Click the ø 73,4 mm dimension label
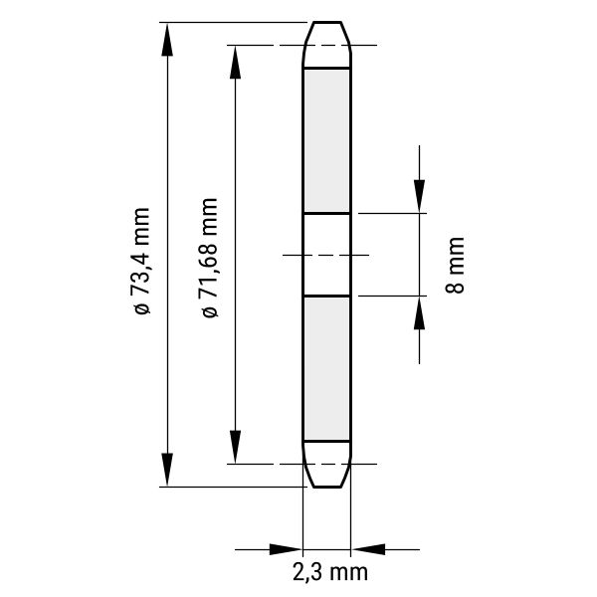click(140, 261)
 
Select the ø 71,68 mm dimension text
click(210, 258)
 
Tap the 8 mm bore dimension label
click(455, 265)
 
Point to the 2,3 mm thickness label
click(330, 572)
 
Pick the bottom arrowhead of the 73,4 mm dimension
click(167, 470)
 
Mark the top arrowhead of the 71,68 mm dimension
click(235, 62)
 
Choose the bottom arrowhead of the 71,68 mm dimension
click(235, 447)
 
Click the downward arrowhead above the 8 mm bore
click(420, 196)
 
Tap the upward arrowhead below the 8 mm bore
click(420, 312)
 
